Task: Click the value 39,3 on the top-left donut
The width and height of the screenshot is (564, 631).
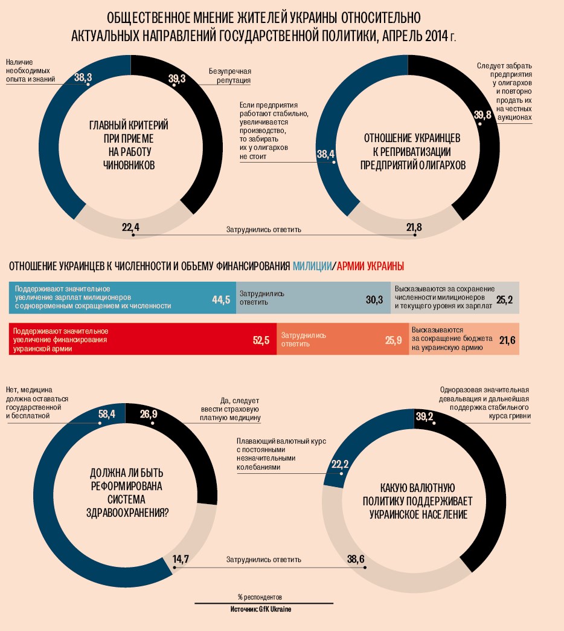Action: tap(177, 78)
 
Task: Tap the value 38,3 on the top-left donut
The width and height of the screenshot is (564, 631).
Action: tap(83, 77)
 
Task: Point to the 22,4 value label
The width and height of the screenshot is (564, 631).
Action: tap(130, 227)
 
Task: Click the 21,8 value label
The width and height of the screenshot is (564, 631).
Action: tap(414, 227)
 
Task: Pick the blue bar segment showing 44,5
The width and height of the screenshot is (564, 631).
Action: tap(123, 297)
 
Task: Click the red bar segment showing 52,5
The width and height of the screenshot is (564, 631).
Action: tap(143, 340)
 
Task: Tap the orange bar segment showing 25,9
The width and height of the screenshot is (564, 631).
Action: tap(342, 340)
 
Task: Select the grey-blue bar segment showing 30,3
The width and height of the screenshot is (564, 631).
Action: tap(312, 297)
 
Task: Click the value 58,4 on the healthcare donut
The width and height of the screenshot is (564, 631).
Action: tap(106, 414)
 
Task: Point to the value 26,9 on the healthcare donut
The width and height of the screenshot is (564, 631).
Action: tap(149, 414)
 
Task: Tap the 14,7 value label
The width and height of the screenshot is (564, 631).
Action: tap(181, 559)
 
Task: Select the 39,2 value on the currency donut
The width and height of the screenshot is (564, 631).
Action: tap(425, 415)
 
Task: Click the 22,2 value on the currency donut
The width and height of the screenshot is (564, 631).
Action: tap(341, 464)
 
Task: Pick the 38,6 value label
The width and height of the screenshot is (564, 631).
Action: tap(356, 559)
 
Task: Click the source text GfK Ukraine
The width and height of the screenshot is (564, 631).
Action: tap(275, 609)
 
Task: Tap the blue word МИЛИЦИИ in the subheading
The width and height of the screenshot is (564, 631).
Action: tap(312, 266)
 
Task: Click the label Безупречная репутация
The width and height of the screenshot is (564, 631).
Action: tap(230, 76)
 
